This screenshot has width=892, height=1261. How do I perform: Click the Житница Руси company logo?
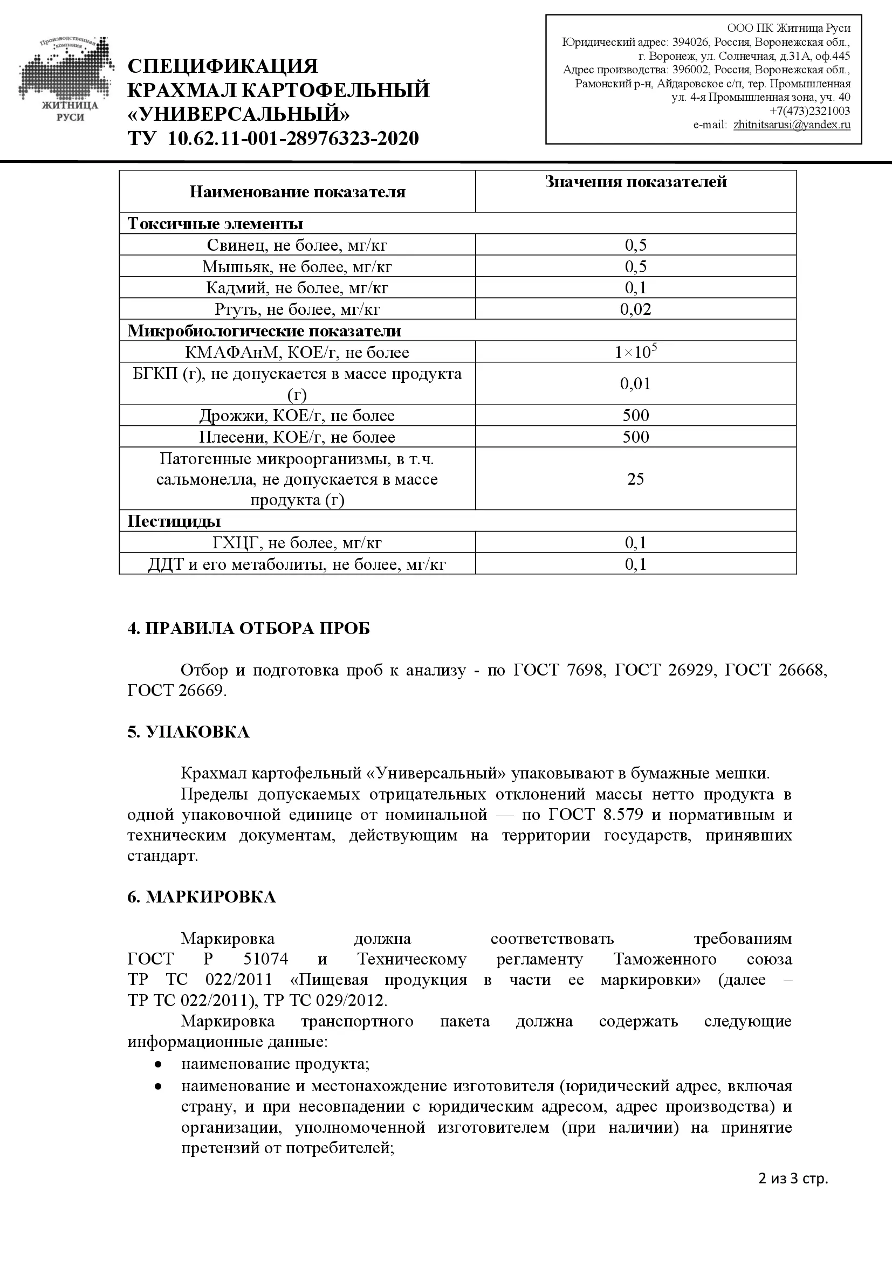(66, 80)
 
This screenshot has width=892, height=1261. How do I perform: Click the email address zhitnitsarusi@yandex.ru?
(792, 125)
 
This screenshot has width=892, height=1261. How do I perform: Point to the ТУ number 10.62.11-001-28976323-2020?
(293, 139)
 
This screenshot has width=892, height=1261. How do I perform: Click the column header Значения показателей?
(635, 182)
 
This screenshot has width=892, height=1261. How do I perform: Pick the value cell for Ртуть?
(635, 309)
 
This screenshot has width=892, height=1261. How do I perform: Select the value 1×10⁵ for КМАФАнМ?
(635, 352)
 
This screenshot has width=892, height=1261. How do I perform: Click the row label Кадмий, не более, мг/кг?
(297, 288)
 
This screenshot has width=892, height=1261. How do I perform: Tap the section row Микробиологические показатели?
(264, 330)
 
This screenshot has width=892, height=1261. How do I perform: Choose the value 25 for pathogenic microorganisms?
(635, 479)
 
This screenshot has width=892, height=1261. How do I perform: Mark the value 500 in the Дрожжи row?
(635, 415)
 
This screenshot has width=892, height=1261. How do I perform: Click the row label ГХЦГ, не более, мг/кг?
(297, 543)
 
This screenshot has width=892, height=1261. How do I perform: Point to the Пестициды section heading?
(174, 521)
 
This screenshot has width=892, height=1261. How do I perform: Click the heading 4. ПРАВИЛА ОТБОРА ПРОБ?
(248, 628)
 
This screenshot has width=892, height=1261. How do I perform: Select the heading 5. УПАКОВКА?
(188, 732)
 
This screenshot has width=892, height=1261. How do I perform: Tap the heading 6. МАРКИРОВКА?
(201, 897)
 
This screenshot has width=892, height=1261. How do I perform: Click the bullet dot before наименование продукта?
(158, 1064)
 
